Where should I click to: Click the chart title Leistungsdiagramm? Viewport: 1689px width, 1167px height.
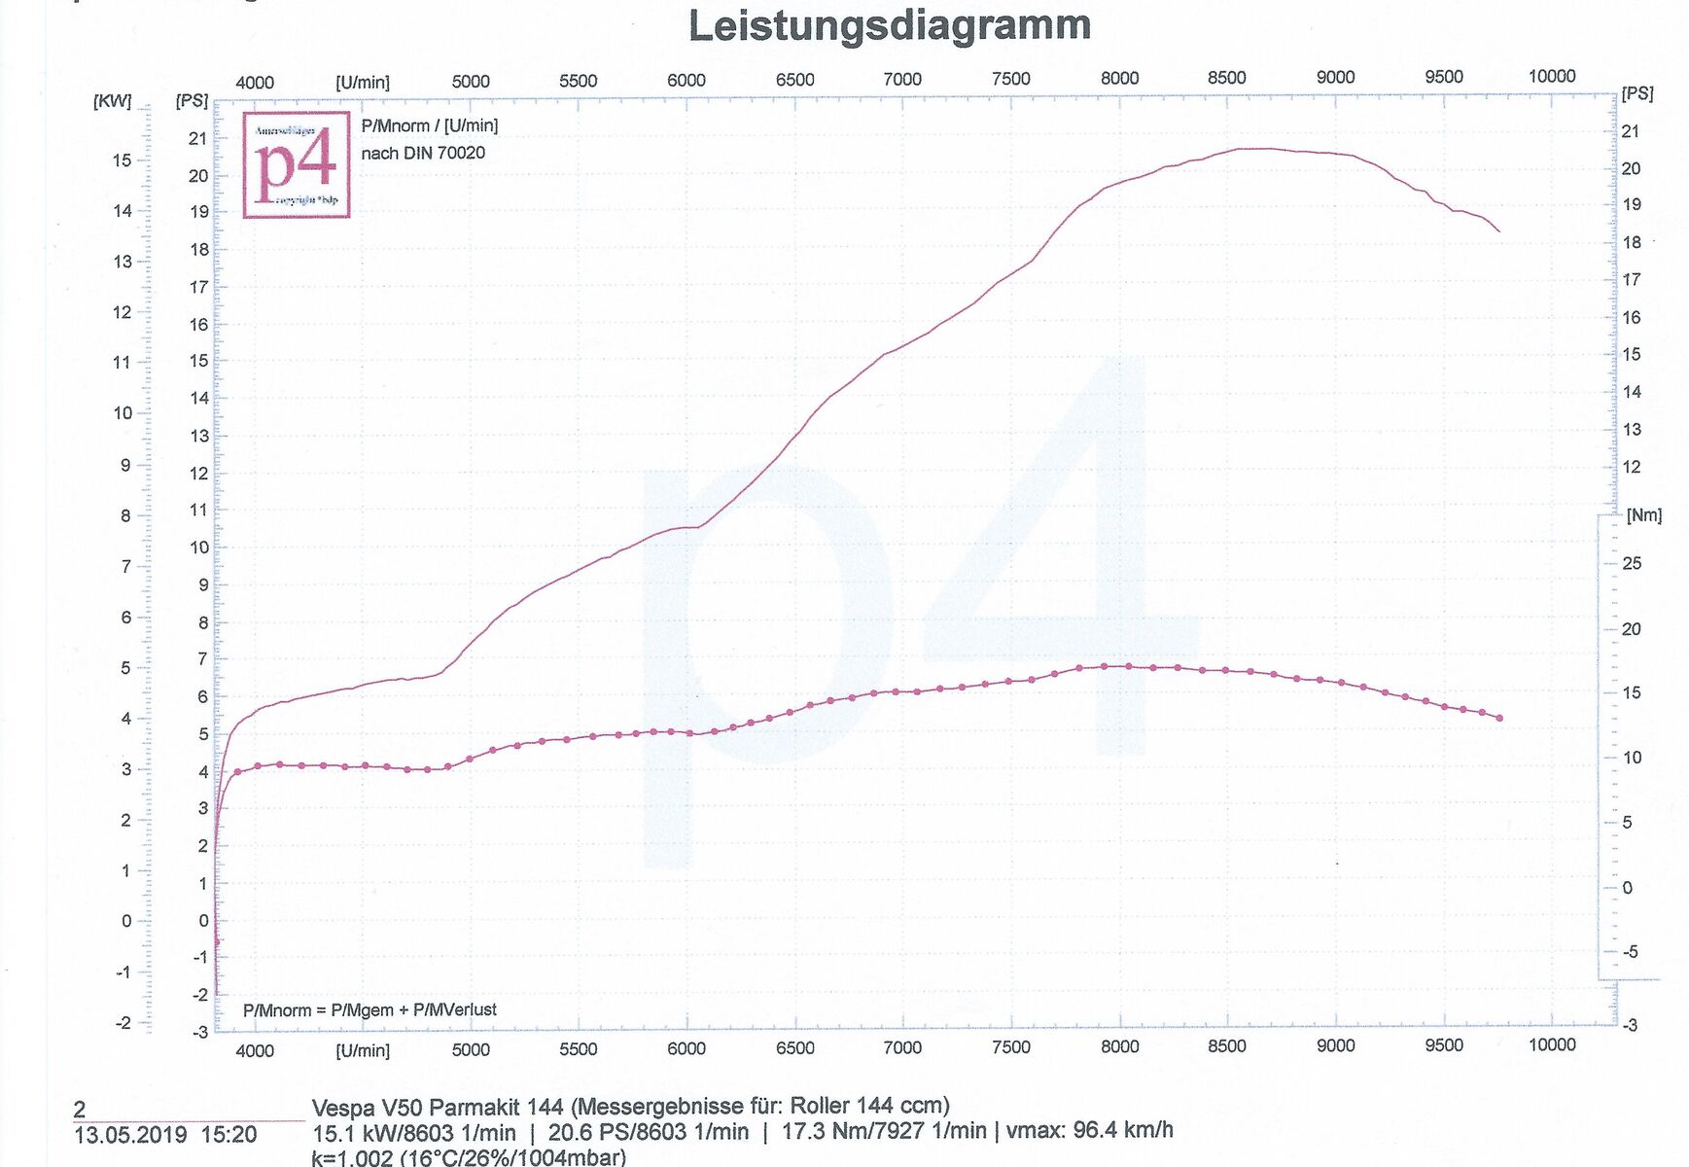[889, 26]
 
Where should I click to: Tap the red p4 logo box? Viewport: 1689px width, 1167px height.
[296, 164]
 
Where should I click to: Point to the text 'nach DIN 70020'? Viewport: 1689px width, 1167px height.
[423, 153]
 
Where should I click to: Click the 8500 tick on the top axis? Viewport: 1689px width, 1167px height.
[1226, 78]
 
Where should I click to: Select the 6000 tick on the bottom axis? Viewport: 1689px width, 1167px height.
[686, 1047]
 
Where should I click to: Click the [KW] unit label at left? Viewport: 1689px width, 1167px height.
[112, 101]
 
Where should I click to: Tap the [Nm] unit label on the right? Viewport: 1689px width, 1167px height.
[1643, 515]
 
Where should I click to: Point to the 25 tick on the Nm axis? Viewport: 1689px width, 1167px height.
[1631, 563]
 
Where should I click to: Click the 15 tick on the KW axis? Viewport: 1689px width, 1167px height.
[122, 159]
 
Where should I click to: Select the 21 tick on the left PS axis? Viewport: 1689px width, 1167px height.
[197, 138]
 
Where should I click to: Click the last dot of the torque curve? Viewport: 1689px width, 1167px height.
[1499, 718]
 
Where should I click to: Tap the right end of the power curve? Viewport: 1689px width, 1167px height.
[1498, 231]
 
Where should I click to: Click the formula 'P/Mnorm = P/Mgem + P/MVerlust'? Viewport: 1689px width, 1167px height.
[369, 1009]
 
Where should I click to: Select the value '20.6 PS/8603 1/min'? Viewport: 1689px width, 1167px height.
[649, 1132]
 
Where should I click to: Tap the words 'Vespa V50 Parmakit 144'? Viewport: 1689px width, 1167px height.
[438, 1107]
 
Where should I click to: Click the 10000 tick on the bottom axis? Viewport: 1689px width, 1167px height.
[1551, 1044]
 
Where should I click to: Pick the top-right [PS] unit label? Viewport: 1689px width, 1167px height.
[1637, 93]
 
